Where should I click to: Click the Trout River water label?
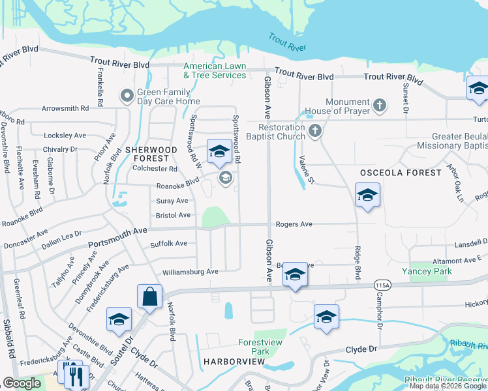coord(287,43)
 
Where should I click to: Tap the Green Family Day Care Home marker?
coord(127,96)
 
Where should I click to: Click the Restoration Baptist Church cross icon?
coord(315,131)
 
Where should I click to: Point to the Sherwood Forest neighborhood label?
coord(151,154)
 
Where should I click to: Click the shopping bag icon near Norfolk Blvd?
coord(149,297)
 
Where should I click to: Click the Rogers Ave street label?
coord(294,224)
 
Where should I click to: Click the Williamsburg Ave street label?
coord(190,272)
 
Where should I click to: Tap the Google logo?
coord(22,383)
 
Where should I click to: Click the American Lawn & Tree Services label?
coord(215,70)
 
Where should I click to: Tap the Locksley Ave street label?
coord(65,136)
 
